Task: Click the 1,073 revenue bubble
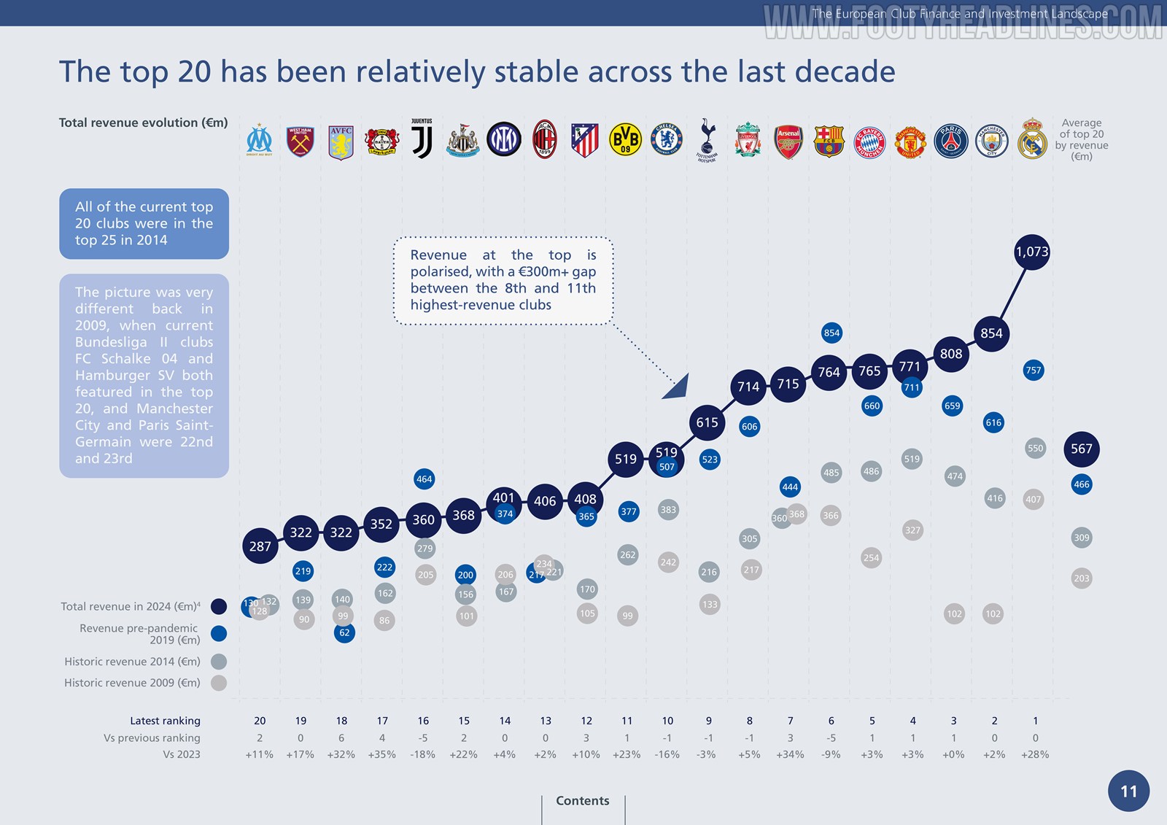click(x=1031, y=252)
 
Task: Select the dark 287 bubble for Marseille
click(x=260, y=546)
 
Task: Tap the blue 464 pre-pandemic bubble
click(x=424, y=479)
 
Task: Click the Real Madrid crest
click(x=1032, y=139)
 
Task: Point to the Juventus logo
click(x=422, y=139)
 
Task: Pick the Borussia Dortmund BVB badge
click(x=625, y=139)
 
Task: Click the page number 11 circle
click(x=1128, y=791)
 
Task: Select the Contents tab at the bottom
click(x=582, y=801)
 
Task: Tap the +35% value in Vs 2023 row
click(x=382, y=754)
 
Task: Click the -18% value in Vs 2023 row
click(x=423, y=754)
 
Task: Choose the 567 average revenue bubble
click(x=1081, y=449)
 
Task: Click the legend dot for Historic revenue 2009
click(x=218, y=683)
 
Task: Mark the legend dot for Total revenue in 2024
click(x=218, y=606)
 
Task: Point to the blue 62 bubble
click(x=344, y=632)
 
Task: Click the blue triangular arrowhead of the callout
click(x=678, y=387)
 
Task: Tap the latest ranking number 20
click(x=260, y=721)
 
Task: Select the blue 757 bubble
click(x=1033, y=371)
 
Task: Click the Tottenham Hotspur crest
click(x=706, y=139)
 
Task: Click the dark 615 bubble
click(x=707, y=423)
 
